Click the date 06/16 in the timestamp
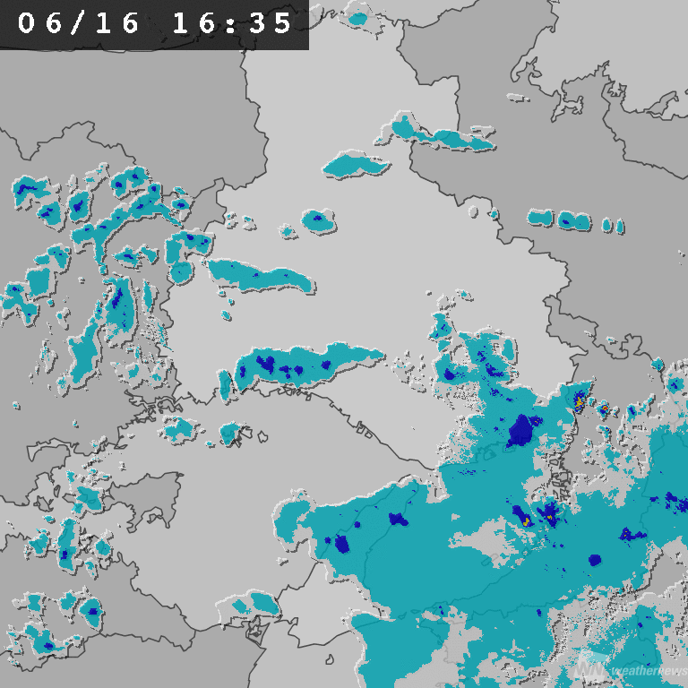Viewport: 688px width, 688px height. (x=79, y=23)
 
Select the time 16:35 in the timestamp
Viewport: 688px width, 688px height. (x=232, y=23)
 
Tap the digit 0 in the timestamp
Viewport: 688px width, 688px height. (x=27, y=23)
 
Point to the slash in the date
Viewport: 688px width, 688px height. (x=79, y=23)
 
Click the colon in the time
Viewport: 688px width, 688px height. (x=232, y=23)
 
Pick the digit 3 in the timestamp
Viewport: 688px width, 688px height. (x=257, y=23)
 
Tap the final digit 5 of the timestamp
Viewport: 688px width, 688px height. (x=284, y=23)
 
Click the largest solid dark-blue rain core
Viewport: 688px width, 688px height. (x=520, y=431)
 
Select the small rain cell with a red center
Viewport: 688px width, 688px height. (x=604, y=408)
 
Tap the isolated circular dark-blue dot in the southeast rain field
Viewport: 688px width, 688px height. (x=595, y=560)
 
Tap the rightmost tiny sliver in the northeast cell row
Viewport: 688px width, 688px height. (x=618, y=225)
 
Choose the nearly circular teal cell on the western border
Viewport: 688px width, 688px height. (x=181, y=271)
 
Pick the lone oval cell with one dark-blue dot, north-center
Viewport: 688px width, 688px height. (x=318, y=219)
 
